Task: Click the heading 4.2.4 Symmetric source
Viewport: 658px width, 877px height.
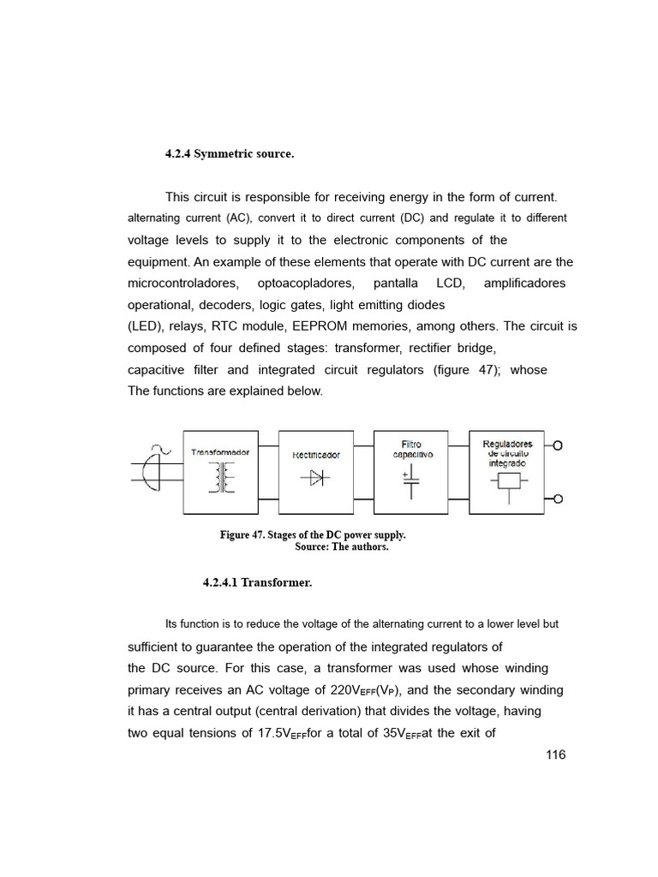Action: coord(229,154)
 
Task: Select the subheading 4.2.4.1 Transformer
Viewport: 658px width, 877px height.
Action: coord(257,582)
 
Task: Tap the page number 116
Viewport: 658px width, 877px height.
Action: coord(555,755)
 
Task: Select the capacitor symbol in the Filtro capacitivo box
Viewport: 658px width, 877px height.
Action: coord(411,481)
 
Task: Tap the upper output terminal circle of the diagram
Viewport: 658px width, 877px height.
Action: coord(558,445)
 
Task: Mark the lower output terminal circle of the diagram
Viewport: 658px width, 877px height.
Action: coord(558,499)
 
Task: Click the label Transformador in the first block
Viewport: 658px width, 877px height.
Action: coord(220,452)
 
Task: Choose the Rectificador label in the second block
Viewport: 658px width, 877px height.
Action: coord(316,455)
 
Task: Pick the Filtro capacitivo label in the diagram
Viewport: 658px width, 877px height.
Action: coord(411,450)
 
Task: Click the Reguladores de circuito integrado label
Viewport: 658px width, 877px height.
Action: coord(507,453)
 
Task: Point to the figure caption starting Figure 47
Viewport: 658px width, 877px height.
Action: coord(313,535)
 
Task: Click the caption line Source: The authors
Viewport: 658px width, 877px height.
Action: coord(341,547)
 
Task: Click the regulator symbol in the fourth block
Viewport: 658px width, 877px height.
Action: coord(509,482)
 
